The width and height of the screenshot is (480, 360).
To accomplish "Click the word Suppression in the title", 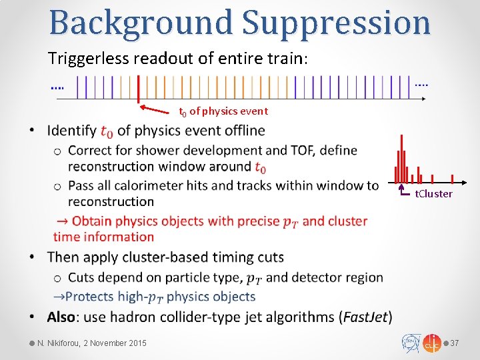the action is point(337,23).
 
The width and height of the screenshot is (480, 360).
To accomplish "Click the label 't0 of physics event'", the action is point(223,111).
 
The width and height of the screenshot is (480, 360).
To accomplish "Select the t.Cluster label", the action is point(433,194).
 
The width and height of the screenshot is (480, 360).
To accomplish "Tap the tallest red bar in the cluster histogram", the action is point(401,159).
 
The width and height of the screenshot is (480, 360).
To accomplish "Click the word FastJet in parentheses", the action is point(365,316).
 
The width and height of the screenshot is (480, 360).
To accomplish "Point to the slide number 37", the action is point(455,343).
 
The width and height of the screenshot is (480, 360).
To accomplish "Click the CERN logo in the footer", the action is point(410,343).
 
